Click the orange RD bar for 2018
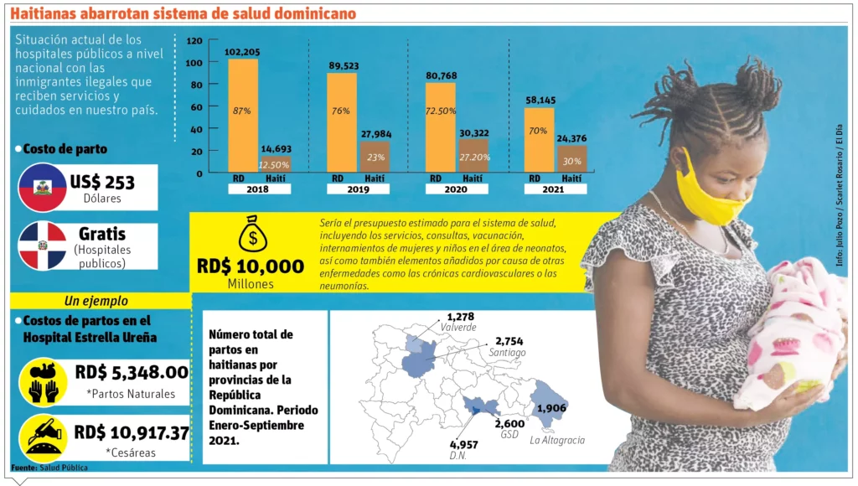click(243, 116)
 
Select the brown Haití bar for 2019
click(374, 157)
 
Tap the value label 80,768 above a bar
click(440, 75)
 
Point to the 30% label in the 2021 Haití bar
click(571, 162)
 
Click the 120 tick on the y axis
click(194, 40)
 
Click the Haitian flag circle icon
click(42, 187)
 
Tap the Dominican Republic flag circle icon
click(42, 246)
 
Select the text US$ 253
click(102, 182)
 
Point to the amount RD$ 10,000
click(250, 266)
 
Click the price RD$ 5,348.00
click(131, 372)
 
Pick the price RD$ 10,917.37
click(131, 433)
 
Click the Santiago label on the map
click(508, 353)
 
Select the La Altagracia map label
click(557, 440)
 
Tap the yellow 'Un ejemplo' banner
click(96, 301)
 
